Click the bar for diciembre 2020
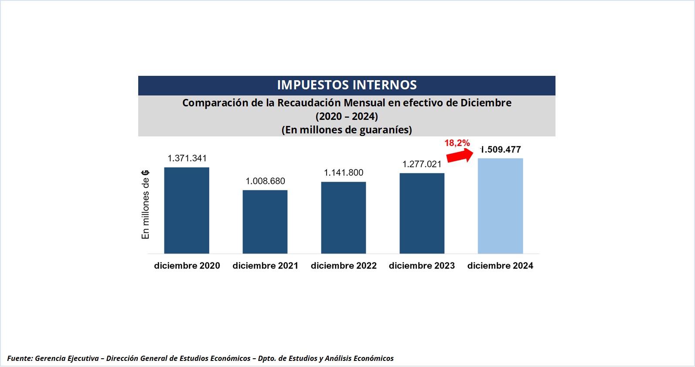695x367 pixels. click(x=187, y=210)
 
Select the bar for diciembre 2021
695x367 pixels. click(x=265, y=221)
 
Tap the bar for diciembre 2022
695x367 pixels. click(x=344, y=217)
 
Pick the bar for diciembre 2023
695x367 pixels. click(x=422, y=213)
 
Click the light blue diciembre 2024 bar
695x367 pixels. click(x=500, y=206)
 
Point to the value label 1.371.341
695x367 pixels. click(x=187, y=158)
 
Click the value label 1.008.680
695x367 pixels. click(x=265, y=181)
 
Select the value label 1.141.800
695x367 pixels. click(x=344, y=173)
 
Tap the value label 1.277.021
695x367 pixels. click(x=422, y=164)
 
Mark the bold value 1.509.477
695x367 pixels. click(x=501, y=150)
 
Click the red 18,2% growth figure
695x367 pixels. click(x=457, y=143)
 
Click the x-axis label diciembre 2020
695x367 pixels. click(x=187, y=265)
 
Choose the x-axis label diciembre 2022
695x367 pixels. click(x=344, y=265)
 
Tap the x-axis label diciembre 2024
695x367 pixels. click(x=500, y=265)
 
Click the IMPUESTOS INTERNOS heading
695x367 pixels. click(x=347, y=85)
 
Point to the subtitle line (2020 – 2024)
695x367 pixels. click(x=347, y=116)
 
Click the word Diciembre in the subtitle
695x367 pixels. click(x=486, y=103)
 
